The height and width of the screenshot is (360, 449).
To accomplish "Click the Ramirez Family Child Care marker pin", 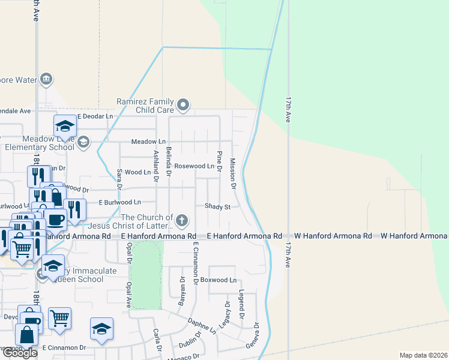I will pyautogui.click(x=184, y=106).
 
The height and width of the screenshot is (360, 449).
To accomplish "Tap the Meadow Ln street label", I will pyautogui.click(x=148, y=142).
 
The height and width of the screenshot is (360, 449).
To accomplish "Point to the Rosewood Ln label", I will pyautogui.click(x=194, y=166).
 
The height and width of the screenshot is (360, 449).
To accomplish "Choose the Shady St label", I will pyautogui.click(x=217, y=206).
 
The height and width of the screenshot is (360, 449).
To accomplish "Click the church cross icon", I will pyautogui.click(x=182, y=220).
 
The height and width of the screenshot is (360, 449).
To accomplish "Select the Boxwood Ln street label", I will pyautogui.click(x=218, y=280).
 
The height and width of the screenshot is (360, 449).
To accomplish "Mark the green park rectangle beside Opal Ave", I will pyautogui.click(x=146, y=275).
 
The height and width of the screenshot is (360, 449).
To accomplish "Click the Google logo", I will pyautogui.click(x=19, y=353).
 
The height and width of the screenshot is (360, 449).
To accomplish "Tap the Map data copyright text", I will pyautogui.click(x=423, y=355).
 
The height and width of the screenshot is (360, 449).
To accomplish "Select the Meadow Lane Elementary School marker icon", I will pyautogui.click(x=83, y=142).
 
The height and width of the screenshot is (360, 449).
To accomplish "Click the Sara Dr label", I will pyautogui.click(x=119, y=178).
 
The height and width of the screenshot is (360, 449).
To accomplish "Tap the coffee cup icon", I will pyautogui.click(x=55, y=220).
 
